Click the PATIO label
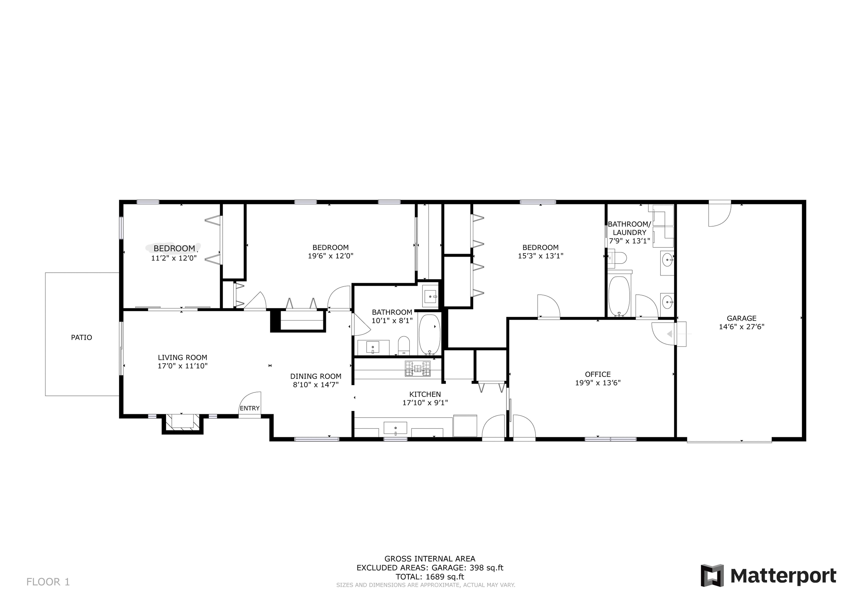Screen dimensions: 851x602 click(81, 338)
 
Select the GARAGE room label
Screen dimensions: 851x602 click(741, 318)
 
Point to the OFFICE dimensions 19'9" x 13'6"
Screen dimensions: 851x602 click(598, 383)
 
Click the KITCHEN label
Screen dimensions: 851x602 click(425, 394)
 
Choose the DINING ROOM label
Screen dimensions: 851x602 click(316, 376)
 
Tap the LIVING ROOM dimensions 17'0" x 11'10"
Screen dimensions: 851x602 click(182, 366)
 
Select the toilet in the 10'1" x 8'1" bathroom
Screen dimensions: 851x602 click(404, 345)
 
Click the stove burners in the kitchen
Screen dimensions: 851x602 click(418, 369)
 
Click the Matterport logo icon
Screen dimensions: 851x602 click(712, 576)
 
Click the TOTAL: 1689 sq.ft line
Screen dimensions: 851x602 click(430, 577)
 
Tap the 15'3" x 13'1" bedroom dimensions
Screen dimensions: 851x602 click(540, 256)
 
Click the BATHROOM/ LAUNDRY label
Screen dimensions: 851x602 click(629, 228)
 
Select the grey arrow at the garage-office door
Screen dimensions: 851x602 click(670, 334)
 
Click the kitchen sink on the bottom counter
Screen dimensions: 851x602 click(395, 428)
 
